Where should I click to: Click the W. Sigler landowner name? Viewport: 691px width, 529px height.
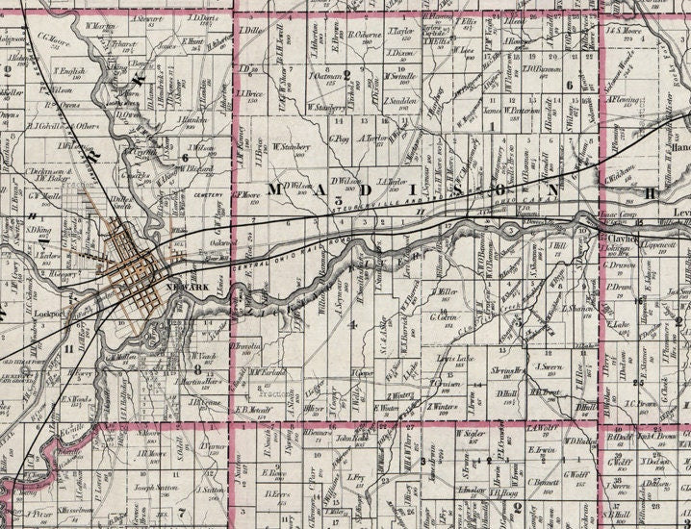pos(467,434)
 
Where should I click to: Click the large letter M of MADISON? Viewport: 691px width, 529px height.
pos(280,189)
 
